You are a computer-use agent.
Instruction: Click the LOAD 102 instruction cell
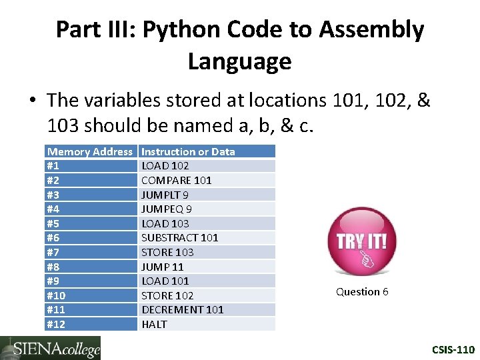[165, 166]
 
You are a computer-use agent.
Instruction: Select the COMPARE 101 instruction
[176, 180]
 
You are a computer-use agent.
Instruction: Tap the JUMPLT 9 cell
[165, 195]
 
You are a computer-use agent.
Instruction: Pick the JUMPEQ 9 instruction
[167, 209]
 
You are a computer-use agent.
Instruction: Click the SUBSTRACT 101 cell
[179, 237]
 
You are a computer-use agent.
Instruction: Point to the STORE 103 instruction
[167, 252]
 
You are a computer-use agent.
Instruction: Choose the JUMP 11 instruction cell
[162, 267]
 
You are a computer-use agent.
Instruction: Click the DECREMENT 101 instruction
[182, 309]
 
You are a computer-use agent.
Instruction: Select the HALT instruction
[154, 324]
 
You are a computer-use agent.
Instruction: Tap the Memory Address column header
[90, 151]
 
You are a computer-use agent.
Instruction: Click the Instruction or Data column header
[188, 151]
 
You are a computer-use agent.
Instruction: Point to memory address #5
[53, 223]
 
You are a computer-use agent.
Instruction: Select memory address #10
[56, 295]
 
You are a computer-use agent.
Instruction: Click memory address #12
[56, 324]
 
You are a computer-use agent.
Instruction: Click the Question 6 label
[362, 292]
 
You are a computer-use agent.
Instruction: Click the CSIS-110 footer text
[453, 349]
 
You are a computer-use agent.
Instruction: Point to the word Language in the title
[239, 61]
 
